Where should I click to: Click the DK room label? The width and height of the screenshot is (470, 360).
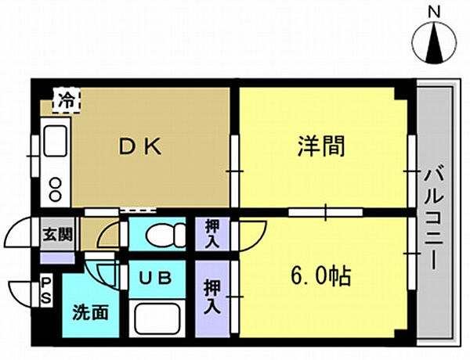(x=140, y=146)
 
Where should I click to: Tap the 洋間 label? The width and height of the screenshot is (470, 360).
(x=321, y=146)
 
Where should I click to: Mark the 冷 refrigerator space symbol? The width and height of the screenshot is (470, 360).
(x=64, y=99)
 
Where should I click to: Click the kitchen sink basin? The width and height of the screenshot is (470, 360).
(x=56, y=141)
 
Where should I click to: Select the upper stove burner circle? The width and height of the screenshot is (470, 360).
(x=56, y=183)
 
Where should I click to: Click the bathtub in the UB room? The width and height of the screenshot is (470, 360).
(x=159, y=319)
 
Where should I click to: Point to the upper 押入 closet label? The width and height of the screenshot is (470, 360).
(x=212, y=233)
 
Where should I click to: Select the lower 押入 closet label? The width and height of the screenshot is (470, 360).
(x=212, y=298)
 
